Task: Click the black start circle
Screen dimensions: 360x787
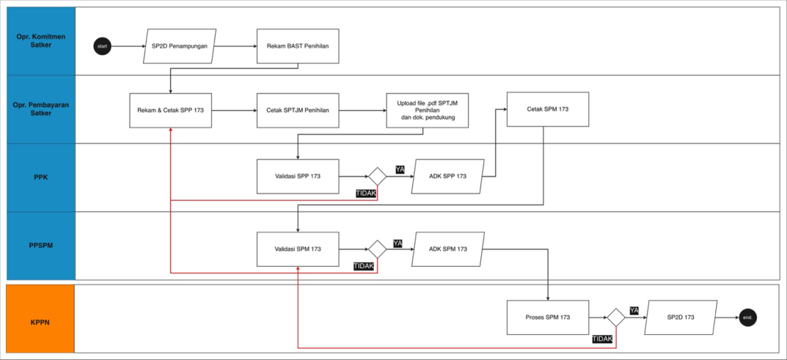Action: click(x=102, y=46)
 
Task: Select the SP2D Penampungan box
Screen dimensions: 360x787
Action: click(x=180, y=46)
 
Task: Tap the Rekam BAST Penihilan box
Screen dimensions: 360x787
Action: click(x=298, y=46)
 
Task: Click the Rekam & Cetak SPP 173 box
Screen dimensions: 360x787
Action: click(x=170, y=110)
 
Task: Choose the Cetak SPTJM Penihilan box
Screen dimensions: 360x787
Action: click(x=298, y=110)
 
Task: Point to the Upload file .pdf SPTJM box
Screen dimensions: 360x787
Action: click(x=428, y=110)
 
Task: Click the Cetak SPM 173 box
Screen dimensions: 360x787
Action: click(x=547, y=109)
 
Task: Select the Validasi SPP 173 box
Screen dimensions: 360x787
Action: click(x=298, y=176)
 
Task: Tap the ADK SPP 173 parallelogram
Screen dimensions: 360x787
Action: click(x=448, y=176)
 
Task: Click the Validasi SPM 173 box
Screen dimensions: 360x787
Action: click(x=298, y=249)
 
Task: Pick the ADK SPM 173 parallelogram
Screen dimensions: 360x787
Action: click(x=448, y=249)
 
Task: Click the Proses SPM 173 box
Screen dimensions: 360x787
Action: click(x=547, y=317)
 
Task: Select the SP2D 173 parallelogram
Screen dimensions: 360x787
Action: click(x=681, y=317)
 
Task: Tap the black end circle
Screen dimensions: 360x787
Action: click(x=747, y=317)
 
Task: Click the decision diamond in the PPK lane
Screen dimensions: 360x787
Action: click(x=377, y=176)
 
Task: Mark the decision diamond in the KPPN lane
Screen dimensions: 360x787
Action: click(x=615, y=317)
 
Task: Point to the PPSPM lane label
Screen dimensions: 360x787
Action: click(x=40, y=246)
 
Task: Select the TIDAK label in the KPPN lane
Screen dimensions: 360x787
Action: click(x=602, y=339)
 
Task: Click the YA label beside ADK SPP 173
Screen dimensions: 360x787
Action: click(x=400, y=169)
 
